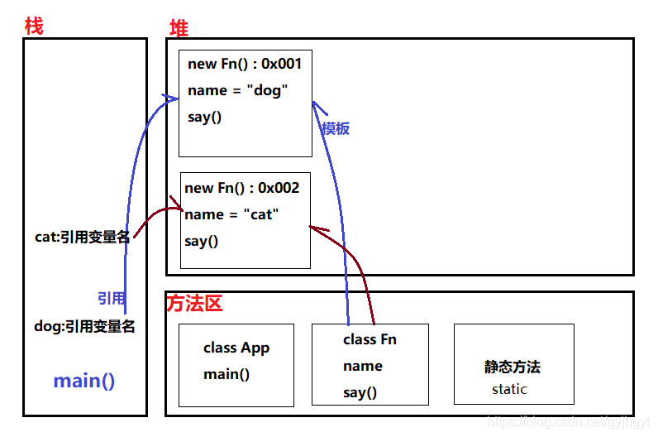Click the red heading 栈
pos(34,26)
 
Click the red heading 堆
pos(179,28)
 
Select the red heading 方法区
pos(195,304)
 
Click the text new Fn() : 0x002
pos(241,188)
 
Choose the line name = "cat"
pos(231,214)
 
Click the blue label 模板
pos(336,128)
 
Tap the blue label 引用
pos(112,298)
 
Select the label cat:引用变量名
pos(82,237)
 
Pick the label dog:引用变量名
pos(84,326)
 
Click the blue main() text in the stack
pos(84,381)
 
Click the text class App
pos(236,348)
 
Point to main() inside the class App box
pos(226,374)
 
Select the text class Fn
pos(370,339)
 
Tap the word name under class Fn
pos(363,366)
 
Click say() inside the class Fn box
pos(360,392)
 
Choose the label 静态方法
pos(513,367)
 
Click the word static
pos(509,389)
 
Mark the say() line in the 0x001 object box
pos(205,117)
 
